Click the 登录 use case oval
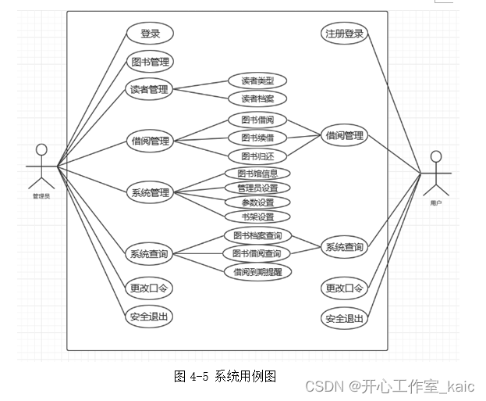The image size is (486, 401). pos(150,34)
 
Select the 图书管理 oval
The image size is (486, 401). pos(150,62)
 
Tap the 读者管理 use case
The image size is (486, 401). pos(150,89)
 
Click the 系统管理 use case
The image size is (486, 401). pos(150,192)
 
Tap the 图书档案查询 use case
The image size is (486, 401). pos(257,235)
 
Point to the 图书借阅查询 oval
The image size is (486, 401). pos(257,253)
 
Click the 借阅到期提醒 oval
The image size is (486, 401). pos(257,271)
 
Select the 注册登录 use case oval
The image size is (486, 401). pos(344,34)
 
